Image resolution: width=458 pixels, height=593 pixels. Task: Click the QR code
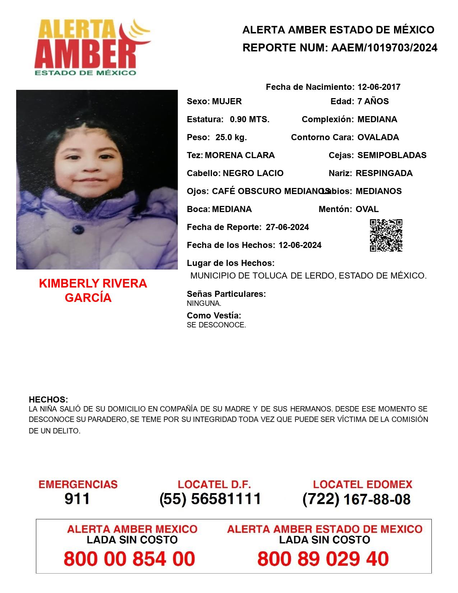click(x=386, y=235)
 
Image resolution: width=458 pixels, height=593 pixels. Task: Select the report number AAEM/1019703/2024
click(x=384, y=48)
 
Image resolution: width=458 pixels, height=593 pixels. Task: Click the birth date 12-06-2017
click(x=379, y=87)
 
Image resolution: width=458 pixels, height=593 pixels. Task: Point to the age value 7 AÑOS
click(x=373, y=101)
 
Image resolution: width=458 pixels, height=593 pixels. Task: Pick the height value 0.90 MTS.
click(x=250, y=119)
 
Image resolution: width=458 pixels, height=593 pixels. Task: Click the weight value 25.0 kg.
click(x=231, y=137)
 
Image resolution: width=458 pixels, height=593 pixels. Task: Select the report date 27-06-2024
click(x=287, y=227)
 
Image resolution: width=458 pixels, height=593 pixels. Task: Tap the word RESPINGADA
click(x=384, y=173)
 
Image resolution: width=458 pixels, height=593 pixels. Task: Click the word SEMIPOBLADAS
click(x=392, y=155)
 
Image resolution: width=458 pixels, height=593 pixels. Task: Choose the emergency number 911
click(x=77, y=499)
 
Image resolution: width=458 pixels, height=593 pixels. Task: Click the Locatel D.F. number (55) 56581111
click(x=210, y=499)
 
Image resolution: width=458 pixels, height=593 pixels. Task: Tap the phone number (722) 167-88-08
click(x=356, y=499)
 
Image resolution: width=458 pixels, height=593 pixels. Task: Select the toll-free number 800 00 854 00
click(x=129, y=559)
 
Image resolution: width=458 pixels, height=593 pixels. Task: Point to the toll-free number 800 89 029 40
click(x=323, y=559)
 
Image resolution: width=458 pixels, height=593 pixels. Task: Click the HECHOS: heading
click(x=48, y=400)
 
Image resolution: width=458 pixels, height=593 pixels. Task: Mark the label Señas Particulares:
click(x=226, y=294)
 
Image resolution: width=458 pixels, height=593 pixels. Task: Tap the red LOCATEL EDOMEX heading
click(x=362, y=484)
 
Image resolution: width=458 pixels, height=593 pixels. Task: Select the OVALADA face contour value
click(x=378, y=137)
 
